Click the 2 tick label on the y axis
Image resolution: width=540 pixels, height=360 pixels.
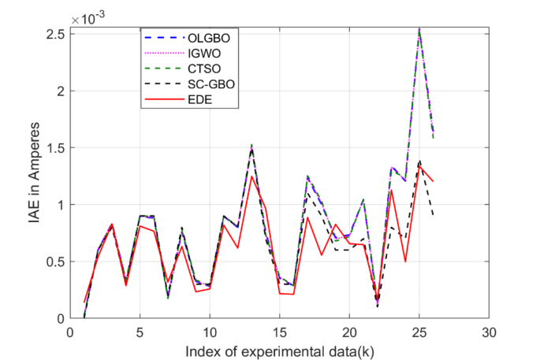(59, 91)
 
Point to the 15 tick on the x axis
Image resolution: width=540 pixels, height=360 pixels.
(279, 330)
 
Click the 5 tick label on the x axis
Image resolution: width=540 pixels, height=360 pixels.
(140, 330)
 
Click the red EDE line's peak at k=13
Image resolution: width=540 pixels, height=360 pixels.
(251, 176)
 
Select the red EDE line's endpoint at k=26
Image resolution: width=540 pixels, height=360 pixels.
(434, 181)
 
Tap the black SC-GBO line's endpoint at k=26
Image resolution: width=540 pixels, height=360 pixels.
(434, 216)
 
